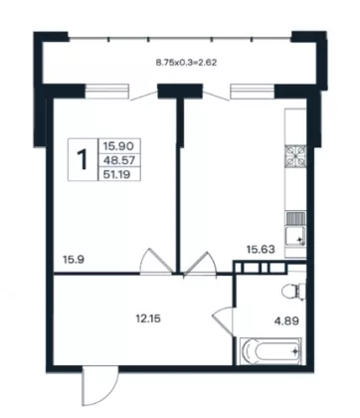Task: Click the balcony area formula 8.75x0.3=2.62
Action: tap(187, 62)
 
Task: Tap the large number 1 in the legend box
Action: tap(83, 159)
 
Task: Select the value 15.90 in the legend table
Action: tap(118, 145)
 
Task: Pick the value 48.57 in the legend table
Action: tap(118, 160)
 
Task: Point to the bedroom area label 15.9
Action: tap(74, 260)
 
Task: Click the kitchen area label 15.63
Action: tap(261, 249)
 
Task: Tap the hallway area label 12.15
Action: tap(148, 319)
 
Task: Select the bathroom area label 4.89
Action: tap(286, 321)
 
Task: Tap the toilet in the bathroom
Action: tap(293, 291)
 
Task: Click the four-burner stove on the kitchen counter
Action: tap(296, 156)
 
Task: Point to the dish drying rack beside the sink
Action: tap(296, 219)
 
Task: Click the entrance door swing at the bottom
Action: tap(99, 385)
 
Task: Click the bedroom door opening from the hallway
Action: tap(156, 262)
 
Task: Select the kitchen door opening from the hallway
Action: tap(200, 263)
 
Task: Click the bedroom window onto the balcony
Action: tap(106, 92)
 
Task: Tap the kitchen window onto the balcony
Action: tap(253, 92)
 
